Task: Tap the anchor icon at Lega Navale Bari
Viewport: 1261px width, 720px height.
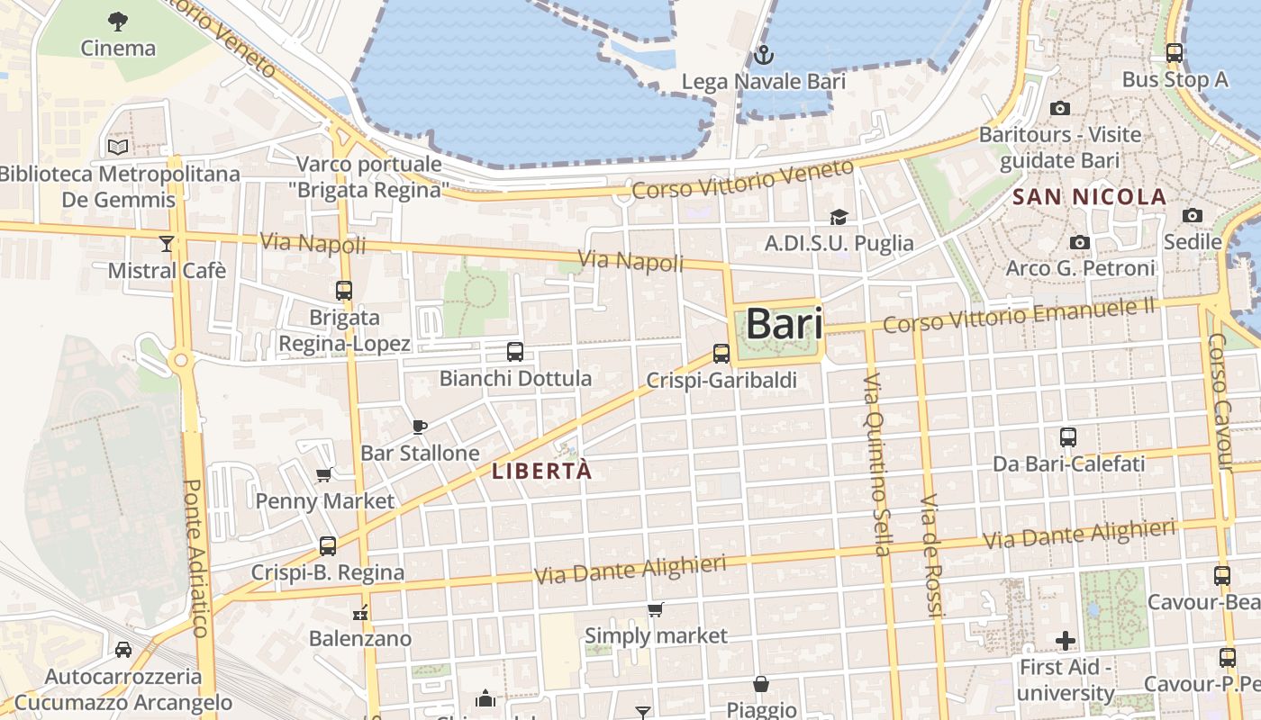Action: tap(764, 56)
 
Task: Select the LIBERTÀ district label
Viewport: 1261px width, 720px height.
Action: tap(542, 471)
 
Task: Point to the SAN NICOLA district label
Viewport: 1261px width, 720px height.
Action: tap(1090, 197)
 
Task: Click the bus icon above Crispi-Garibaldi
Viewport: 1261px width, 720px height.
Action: tap(721, 354)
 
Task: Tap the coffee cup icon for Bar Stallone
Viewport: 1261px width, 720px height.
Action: tap(419, 427)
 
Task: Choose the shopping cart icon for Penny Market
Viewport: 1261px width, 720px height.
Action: tap(324, 474)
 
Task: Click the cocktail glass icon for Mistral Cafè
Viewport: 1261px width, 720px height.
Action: tap(167, 243)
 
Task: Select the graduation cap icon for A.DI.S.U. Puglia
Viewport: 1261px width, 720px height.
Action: tap(839, 217)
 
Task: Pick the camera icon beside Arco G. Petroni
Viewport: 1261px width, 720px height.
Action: tap(1079, 243)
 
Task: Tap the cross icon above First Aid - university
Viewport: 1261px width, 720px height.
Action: tap(1066, 641)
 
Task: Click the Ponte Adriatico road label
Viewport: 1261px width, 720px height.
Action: tap(196, 557)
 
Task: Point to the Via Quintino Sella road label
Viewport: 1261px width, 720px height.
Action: tap(876, 465)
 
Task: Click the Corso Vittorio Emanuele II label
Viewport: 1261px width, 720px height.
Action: tap(1019, 316)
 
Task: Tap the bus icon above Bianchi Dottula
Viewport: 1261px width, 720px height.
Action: tap(515, 352)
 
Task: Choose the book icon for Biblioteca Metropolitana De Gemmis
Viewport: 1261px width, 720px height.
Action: tap(118, 147)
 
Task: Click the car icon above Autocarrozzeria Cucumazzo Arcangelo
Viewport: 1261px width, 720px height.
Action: tap(122, 650)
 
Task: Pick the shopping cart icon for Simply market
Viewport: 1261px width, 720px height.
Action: tap(656, 610)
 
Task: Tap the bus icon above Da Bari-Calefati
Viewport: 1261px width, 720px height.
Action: tap(1068, 437)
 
